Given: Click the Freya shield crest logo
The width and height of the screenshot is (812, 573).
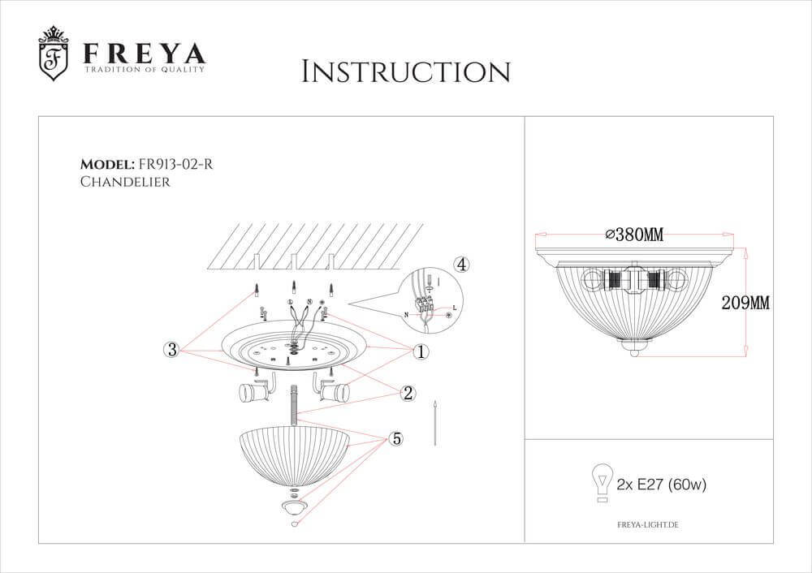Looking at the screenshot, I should pyautogui.click(x=54, y=54).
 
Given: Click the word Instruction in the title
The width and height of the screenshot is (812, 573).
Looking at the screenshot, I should pyautogui.click(x=405, y=71).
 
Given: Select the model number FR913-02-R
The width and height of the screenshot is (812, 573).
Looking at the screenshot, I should pyautogui.click(x=175, y=164).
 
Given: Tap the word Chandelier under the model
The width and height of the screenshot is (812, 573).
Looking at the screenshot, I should pyautogui.click(x=125, y=183).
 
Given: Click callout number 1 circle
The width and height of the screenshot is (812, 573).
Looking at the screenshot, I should pyautogui.click(x=421, y=351).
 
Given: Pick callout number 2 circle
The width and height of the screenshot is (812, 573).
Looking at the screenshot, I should pyautogui.click(x=408, y=394).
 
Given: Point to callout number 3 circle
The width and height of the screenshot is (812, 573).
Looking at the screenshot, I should pyautogui.click(x=171, y=350).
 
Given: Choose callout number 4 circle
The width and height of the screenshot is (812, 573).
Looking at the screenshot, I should pyautogui.click(x=460, y=265).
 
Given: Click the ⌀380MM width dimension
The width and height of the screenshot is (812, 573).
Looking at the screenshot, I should pyautogui.click(x=634, y=235).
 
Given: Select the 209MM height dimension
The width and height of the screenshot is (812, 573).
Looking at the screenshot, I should pyautogui.click(x=745, y=304).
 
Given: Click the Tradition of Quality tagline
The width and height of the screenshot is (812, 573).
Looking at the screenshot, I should pyautogui.click(x=145, y=71).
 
